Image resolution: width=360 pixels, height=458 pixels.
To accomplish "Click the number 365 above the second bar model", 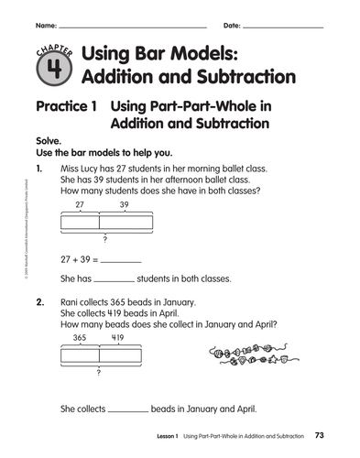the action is point(80,337).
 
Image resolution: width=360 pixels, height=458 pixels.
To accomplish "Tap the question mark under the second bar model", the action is point(98,375).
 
